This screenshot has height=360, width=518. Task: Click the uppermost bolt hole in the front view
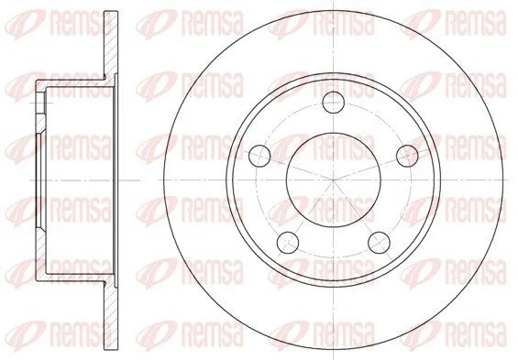[334, 103]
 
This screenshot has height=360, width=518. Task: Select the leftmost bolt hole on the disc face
[259, 156]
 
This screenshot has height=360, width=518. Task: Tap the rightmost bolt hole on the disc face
[407, 156]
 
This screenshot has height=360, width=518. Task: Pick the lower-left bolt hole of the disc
[288, 243]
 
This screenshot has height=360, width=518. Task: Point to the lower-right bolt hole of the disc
[379, 243]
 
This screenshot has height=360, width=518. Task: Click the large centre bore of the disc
[334, 180]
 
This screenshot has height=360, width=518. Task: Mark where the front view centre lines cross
[334, 180]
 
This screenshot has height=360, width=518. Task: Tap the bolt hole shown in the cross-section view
[40, 103]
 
